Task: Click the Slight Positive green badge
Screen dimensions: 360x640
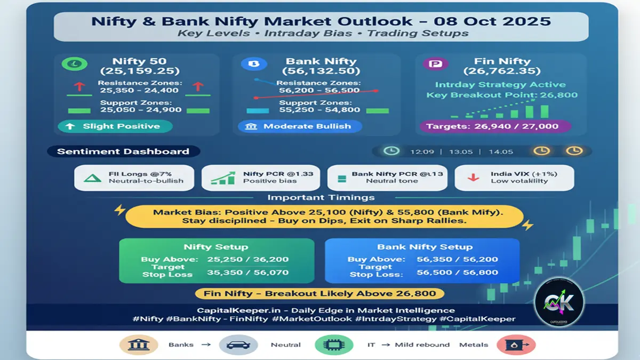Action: click(115, 126)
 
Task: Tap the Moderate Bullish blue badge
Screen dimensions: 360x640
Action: click(300, 126)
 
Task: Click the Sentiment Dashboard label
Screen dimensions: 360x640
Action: click(123, 151)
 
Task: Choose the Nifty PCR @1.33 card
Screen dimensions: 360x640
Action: click(261, 178)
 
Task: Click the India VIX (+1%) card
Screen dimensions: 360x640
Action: click(514, 178)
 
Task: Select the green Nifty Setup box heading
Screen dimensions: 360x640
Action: click(215, 247)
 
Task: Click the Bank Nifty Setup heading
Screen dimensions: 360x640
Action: click(425, 247)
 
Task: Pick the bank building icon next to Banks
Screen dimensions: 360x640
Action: click(138, 345)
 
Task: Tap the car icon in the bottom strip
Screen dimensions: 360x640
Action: click(234, 345)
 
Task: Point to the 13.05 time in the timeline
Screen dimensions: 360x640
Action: click(460, 151)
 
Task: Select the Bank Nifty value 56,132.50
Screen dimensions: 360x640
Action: click(321, 71)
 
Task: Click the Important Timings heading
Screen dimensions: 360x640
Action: click(321, 197)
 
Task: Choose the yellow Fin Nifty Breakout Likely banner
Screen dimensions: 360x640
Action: click(319, 293)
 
